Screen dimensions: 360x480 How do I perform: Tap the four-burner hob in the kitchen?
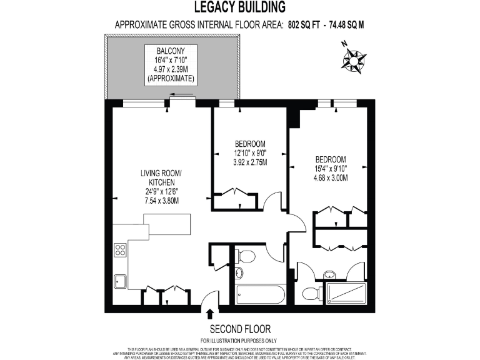click(120, 250)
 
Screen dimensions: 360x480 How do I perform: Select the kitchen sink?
click(120, 281)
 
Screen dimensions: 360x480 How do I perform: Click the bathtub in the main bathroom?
click(260, 294)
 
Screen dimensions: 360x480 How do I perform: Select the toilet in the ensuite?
click(309, 293)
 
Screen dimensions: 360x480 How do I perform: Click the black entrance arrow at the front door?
click(210, 313)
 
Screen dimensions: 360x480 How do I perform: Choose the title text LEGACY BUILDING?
click(239, 7)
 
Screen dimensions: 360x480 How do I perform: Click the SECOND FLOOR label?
click(240, 329)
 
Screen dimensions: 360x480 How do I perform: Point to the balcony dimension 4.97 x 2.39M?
click(170, 70)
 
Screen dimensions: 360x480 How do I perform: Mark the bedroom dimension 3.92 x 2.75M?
click(246, 162)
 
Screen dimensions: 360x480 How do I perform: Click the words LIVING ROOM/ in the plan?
click(161, 173)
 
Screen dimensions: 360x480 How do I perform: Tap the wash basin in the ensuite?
click(329, 274)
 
